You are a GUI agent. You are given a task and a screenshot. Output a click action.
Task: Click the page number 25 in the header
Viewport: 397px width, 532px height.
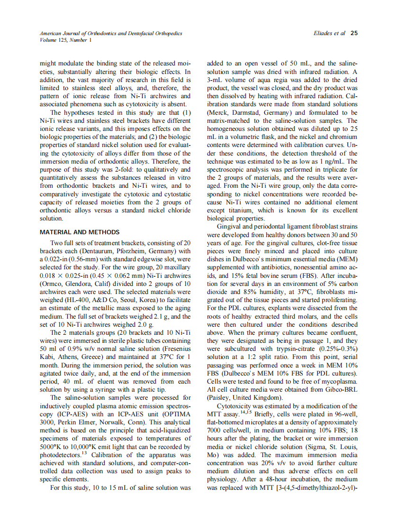coord(354,33)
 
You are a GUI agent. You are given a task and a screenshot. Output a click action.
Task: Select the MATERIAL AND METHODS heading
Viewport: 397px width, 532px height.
coord(80,232)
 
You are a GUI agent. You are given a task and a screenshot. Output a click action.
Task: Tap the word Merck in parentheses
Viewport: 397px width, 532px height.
coord(219,112)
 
